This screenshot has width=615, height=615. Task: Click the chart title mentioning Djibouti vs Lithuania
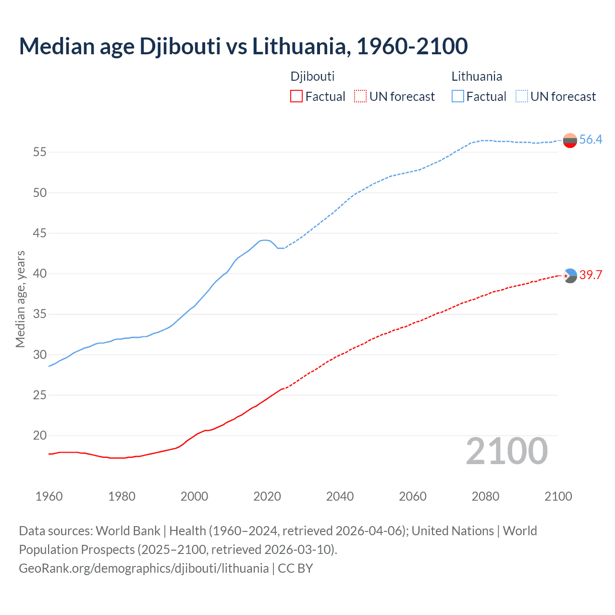pos(243,46)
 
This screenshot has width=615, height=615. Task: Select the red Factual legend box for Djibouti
pos(296,96)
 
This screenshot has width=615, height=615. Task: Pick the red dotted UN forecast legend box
pos(360,96)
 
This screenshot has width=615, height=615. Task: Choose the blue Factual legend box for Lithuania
pos(457,96)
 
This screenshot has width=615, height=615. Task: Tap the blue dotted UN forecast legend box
pos(521,96)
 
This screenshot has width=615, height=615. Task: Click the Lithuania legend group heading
pos(477,76)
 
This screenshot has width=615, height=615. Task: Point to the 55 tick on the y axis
pos(39,152)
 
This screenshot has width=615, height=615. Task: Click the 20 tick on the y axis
pos(39,436)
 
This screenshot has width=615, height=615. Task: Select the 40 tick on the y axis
pos(39,274)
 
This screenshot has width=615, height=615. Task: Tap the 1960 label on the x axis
pos(49,496)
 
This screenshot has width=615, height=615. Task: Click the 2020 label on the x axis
pos(267,496)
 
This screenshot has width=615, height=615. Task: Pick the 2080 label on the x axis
pos(485,496)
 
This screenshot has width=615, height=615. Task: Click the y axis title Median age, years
pos(20,299)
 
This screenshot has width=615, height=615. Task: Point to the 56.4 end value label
pos(590,140)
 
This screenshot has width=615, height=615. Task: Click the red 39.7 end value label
pos(590,275)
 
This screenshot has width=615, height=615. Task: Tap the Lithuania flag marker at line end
pos(570,140)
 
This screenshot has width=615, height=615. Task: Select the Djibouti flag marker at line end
pos(570,275)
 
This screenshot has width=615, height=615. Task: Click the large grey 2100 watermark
pos(507,451)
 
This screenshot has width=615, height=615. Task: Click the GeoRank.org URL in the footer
pos(144,568)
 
